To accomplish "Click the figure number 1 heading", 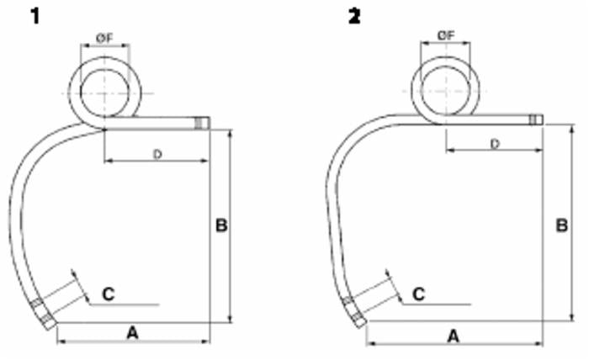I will coord(35,16).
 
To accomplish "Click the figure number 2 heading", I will coord(354,16).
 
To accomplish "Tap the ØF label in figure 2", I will coord(445,34).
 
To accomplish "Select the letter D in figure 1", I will coord(157,154).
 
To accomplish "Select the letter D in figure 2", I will coord(495,144).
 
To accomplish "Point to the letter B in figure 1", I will coord(221,225).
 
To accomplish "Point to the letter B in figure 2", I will coord(561,225).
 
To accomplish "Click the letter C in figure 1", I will coord(109,294).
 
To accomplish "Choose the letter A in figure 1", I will coord(132,334).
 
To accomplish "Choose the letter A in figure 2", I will coord(453,336).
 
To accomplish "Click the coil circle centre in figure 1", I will coord(103,91).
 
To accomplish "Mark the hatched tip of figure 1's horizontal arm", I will coord(200,123).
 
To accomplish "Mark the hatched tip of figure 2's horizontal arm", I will coord(536,119).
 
